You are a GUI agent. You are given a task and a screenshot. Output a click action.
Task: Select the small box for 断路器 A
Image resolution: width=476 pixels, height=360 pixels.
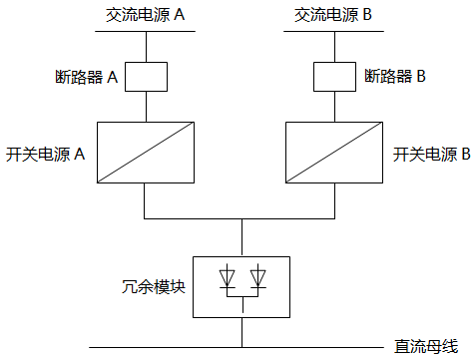146,76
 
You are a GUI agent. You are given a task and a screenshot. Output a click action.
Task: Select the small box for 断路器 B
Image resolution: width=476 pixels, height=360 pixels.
334,76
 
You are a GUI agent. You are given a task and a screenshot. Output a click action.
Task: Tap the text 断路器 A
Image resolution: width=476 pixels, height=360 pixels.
89,76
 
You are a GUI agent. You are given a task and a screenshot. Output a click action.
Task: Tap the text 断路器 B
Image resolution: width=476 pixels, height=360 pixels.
395,76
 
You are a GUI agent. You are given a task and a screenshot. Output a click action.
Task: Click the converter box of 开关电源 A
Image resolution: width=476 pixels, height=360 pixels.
146,153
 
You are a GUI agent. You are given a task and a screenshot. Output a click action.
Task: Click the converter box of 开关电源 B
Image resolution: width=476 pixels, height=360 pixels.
334,153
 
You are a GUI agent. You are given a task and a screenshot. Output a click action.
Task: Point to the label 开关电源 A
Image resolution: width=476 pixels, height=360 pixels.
45,155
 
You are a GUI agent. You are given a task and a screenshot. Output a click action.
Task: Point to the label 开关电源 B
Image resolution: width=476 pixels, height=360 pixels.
432,155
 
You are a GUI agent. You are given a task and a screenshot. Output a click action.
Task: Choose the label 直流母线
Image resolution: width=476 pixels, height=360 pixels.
425,346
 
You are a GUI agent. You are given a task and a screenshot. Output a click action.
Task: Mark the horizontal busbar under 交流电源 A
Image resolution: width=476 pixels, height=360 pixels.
146,31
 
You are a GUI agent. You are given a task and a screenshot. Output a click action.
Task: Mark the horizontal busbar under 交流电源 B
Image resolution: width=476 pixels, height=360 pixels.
334,31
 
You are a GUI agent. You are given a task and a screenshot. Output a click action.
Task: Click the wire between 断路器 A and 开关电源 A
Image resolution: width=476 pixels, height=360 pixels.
146,107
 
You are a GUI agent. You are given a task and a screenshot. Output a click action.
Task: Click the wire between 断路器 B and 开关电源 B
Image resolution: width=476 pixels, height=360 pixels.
334,107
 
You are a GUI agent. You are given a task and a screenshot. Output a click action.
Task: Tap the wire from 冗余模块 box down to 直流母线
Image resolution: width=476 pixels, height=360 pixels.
242,333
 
